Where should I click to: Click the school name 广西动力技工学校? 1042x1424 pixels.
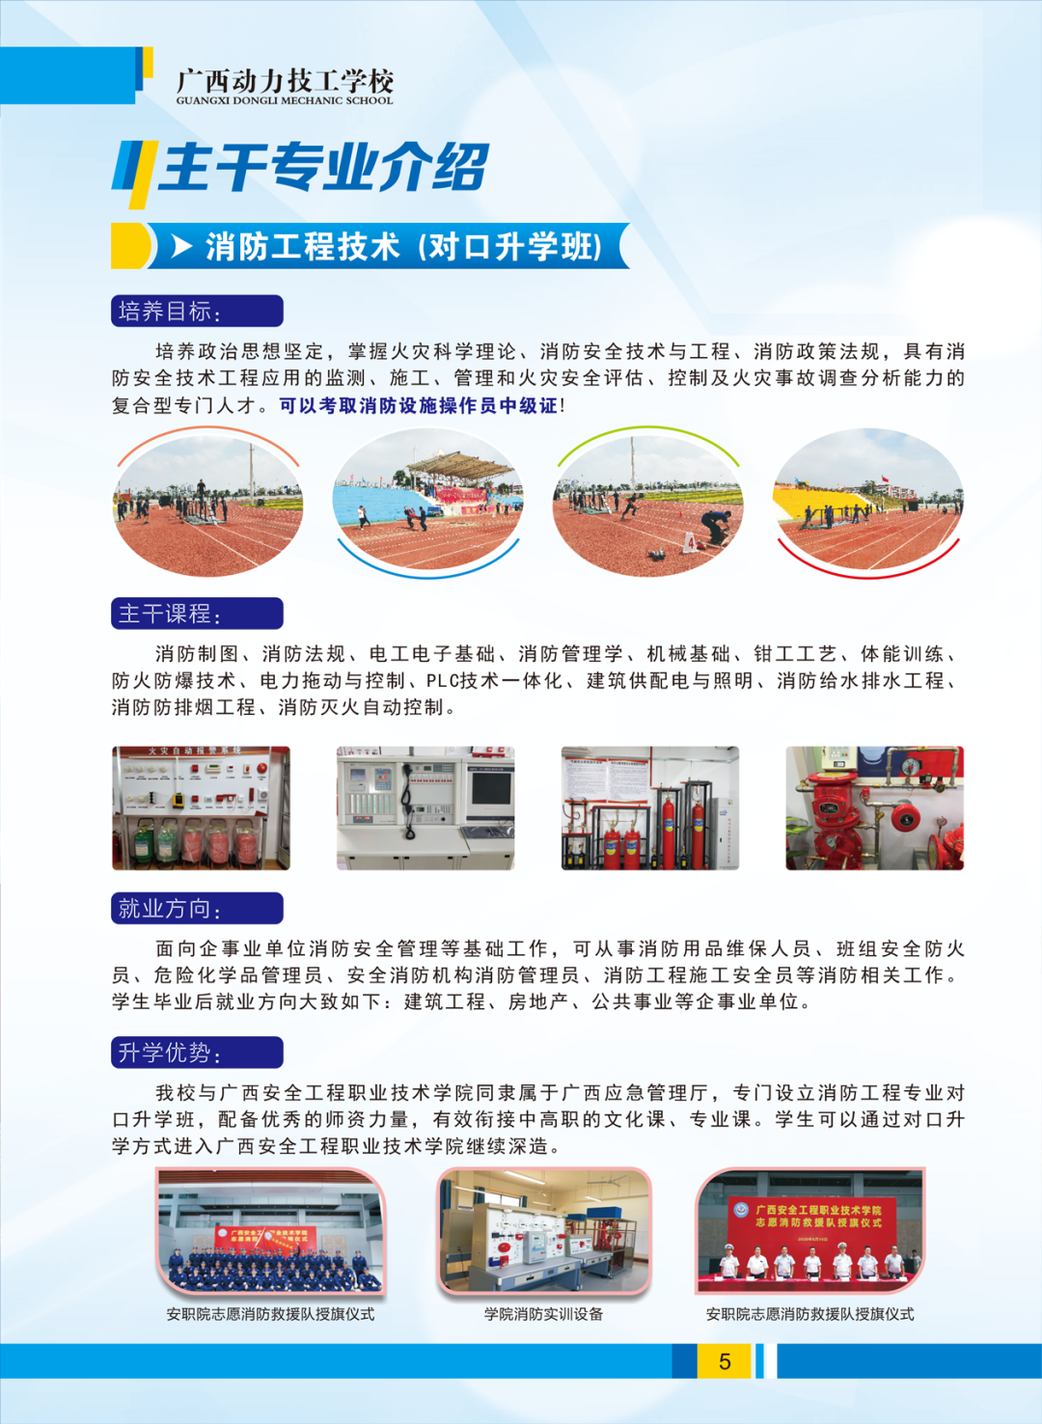pyautogui.click(x=285, y=81)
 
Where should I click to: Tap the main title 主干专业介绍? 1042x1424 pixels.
pyautogui.click(x=323, y=167)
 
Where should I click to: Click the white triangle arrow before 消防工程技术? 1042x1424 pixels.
pyautogui.click(x=181, y=246)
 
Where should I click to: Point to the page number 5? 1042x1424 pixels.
pyautogui.click(x=725, y=1361)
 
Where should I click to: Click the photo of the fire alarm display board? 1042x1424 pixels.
pyautogui.click(x=201, y=808)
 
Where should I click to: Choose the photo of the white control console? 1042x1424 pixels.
pyautogui.click(x=425, y=808)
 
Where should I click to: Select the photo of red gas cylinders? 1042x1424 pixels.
pyautogui.click(x=649, y=808)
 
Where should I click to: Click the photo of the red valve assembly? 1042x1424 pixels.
pyautogui.click(x=874, y=808)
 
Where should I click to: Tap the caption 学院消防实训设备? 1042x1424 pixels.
pyautogui.click(x=543, y=1314)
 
